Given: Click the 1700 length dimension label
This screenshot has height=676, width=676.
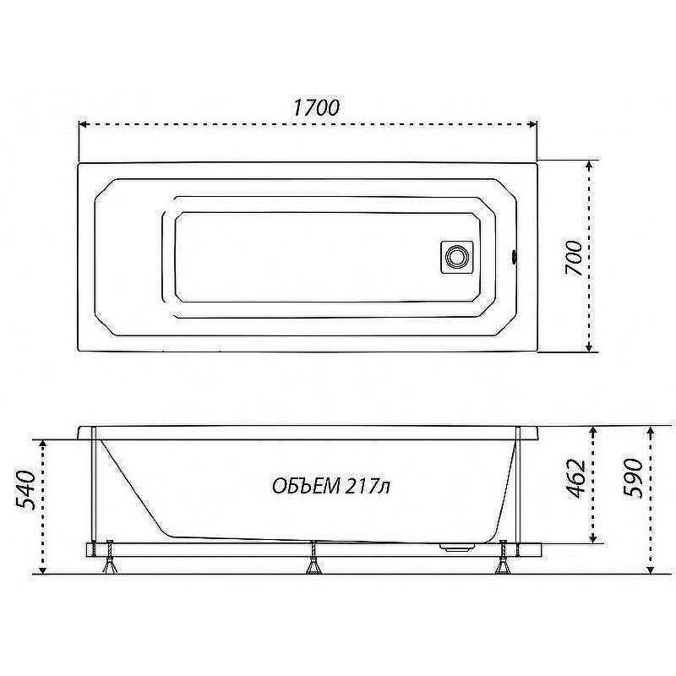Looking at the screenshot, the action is [316, 107].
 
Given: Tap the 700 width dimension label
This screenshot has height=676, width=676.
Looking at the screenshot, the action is [574, 259].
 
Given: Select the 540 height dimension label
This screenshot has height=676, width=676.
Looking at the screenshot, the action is [25, 490].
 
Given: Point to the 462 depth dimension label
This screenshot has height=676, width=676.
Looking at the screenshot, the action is [575, 479].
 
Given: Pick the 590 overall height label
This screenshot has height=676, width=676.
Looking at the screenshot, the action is [634, 478].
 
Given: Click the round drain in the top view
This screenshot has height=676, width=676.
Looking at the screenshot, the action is [456, 257].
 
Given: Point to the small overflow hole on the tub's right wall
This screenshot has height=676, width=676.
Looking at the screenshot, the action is [514, 257].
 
